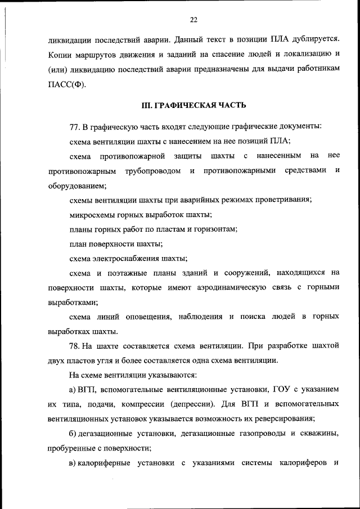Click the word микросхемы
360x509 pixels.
click(x=93, y=215)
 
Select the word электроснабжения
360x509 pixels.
click(x=125, y=259)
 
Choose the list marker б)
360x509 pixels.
click(x=73, y=434)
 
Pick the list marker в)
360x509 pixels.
click(x=73, y=463)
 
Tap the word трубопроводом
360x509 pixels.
click(x=153, y=170)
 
